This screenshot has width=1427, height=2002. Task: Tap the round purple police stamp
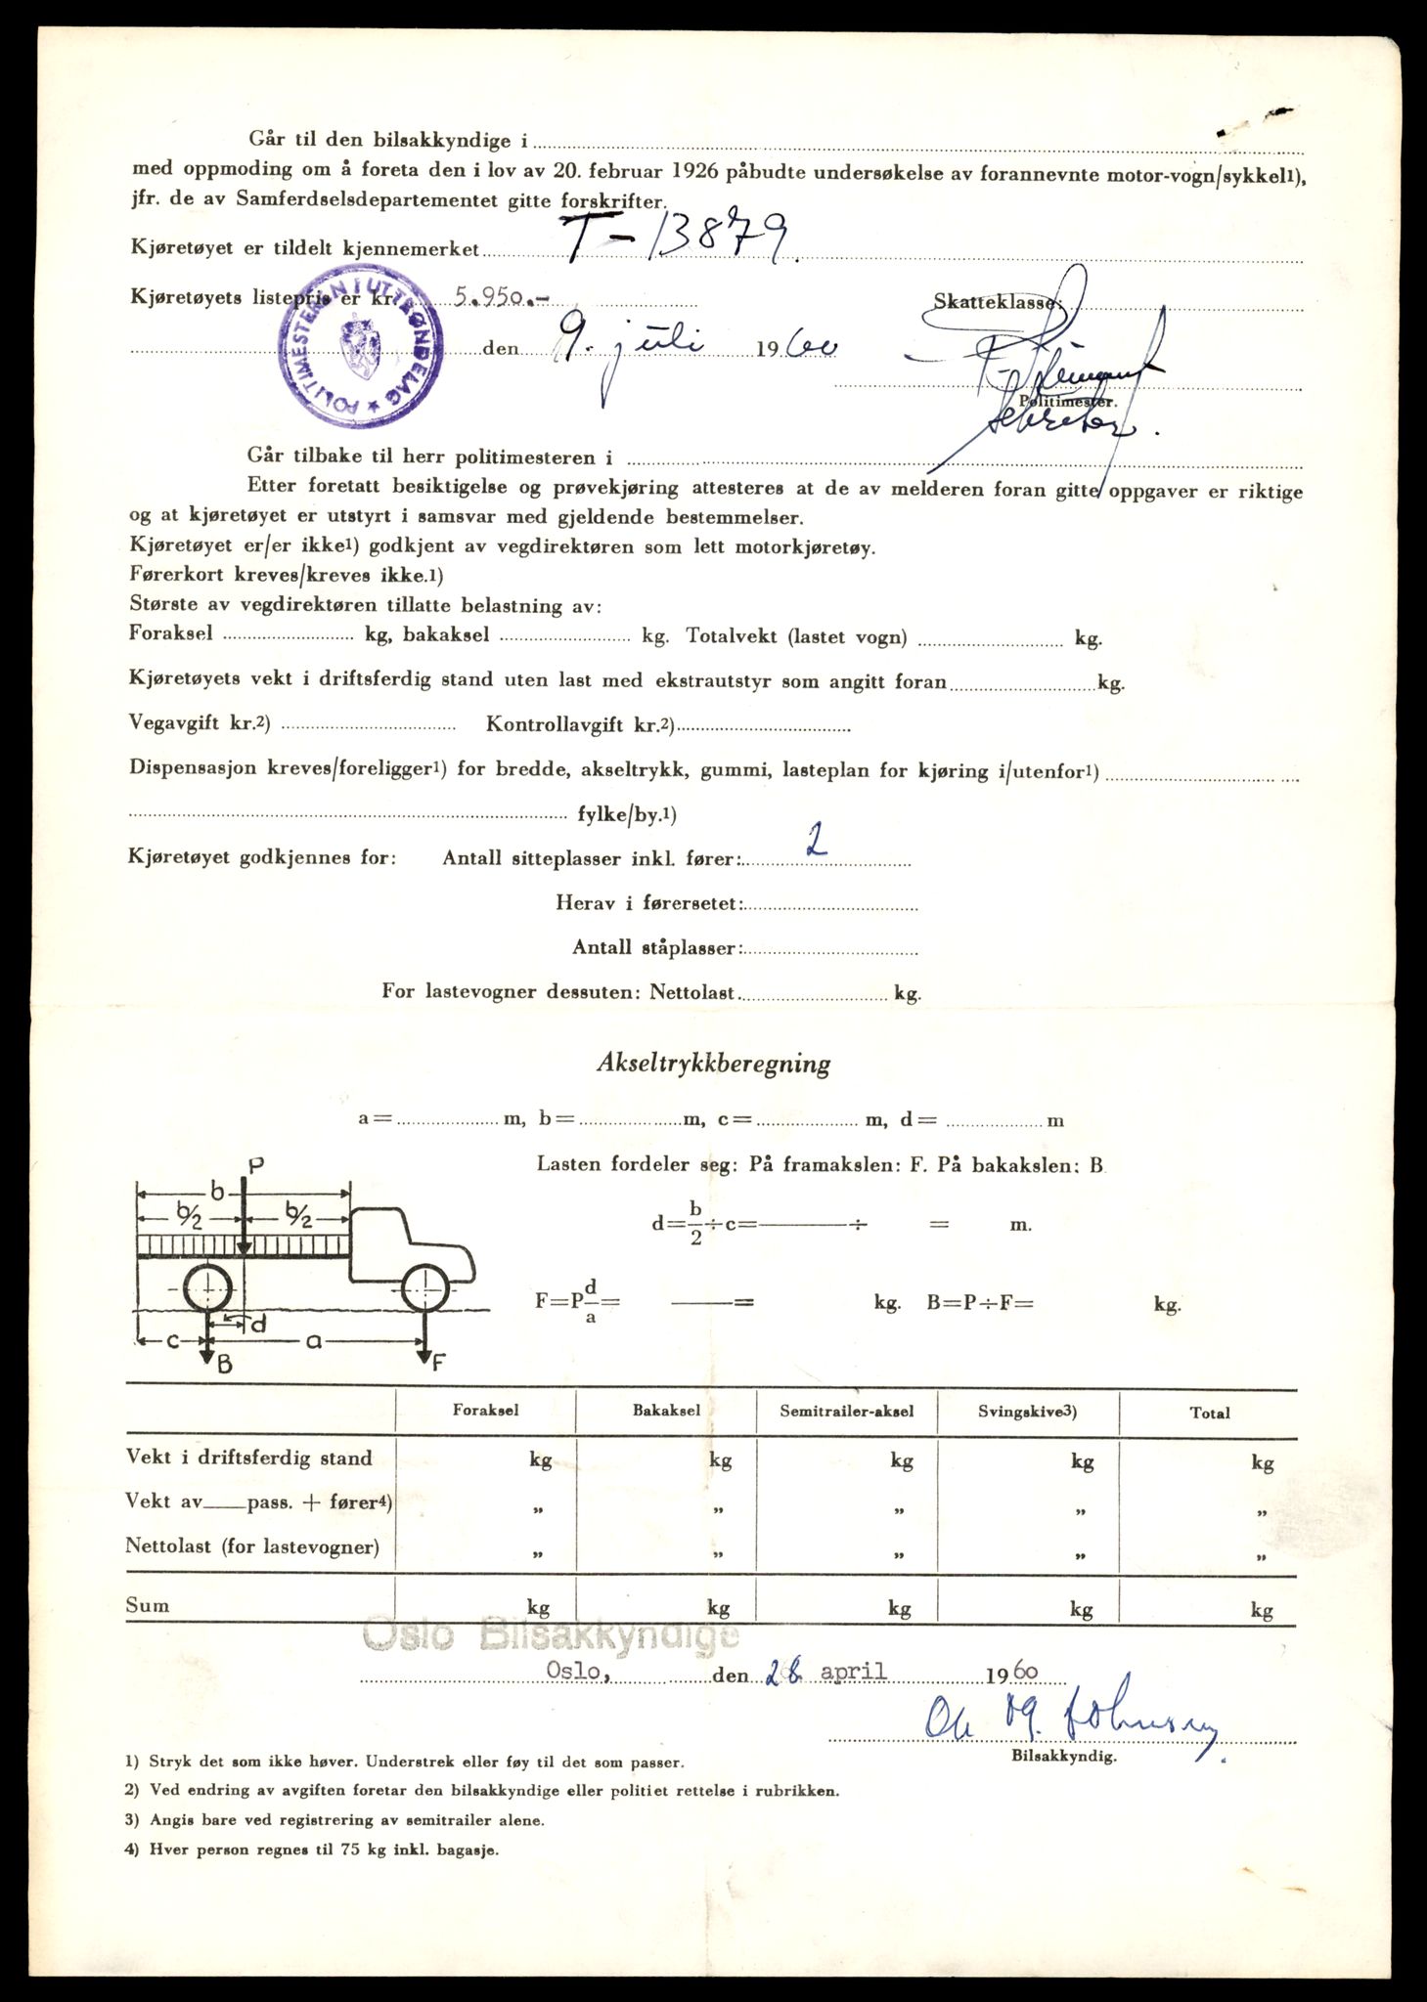click(359, 350)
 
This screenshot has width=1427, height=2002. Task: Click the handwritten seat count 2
click(814, 840)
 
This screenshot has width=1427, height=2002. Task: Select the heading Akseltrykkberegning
click(713, 1064)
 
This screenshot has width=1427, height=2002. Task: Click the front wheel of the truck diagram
click(426, 1290)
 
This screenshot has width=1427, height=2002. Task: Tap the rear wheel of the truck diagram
click(207, 1290)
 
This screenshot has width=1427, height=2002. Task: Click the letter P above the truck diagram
click(256, 1165)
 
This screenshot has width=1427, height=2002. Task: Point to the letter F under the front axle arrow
click(439, 1363)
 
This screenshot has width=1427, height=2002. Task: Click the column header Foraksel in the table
click(485, 1411)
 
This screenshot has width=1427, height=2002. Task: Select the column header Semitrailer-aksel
click(847, 1411)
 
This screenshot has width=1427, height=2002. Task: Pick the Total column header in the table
click(1210, 1413)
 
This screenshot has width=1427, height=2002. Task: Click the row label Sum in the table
click(148, 1605)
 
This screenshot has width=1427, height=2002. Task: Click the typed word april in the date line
click(853, 1671)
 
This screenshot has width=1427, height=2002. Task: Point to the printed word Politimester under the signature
click(1066, 401)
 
